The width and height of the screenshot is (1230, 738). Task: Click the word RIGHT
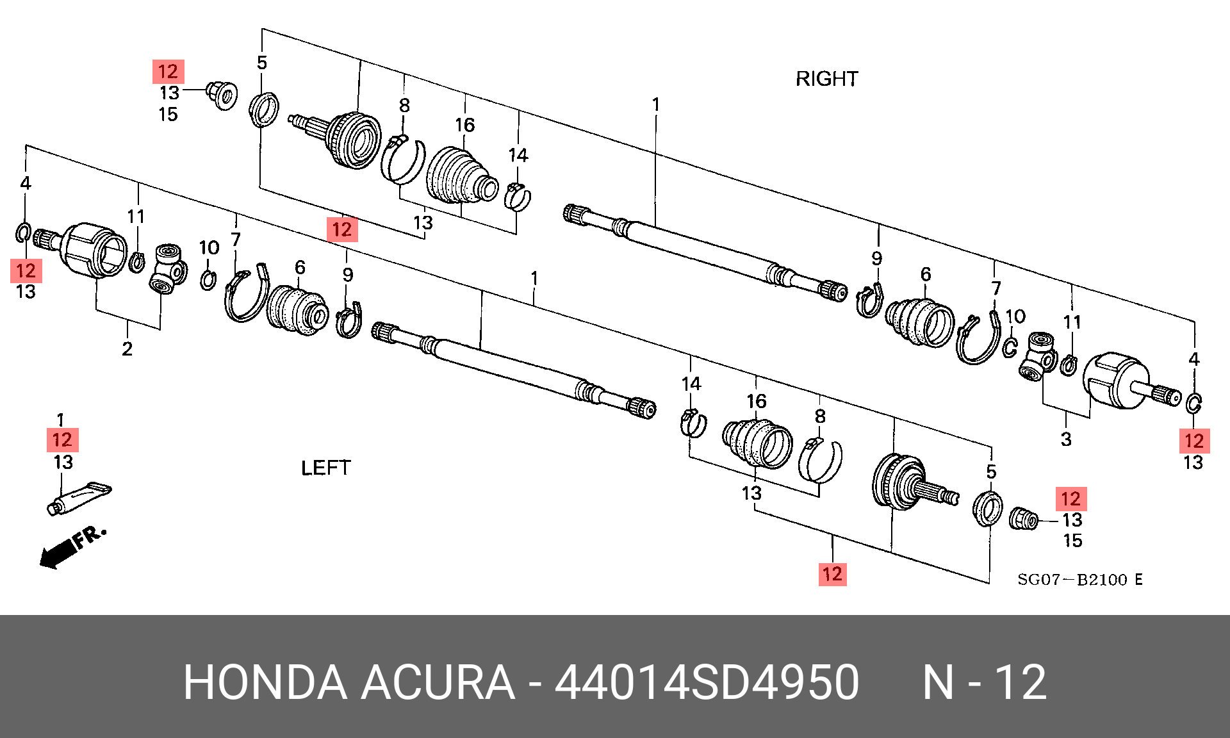pos(826,79)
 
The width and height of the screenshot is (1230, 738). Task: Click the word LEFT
pos(325,468)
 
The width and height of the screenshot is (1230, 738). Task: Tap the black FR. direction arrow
pos(58,553)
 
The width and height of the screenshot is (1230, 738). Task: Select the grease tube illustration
pos(79,498)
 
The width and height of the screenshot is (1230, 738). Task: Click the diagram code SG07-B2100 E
pos(1080,580)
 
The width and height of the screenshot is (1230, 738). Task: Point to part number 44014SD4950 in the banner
pos(707,682)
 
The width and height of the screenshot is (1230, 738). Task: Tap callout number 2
pos(127,349)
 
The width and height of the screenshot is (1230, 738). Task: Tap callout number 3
pos(1066,439)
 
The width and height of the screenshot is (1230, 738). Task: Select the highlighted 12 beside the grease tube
pos(62,440)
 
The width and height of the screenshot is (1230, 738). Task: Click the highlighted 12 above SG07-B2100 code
pos(832,574)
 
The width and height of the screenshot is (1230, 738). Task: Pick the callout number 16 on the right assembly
pos(465,125)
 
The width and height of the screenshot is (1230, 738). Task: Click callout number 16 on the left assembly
pos(757,402)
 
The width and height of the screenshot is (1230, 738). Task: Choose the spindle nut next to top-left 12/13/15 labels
pos(222,95)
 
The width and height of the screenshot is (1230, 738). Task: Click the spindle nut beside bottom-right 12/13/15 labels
pos(1023,518)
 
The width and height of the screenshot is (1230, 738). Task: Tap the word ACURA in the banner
pos(438,682)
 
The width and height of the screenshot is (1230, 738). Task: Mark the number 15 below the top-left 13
pos(168,115)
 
